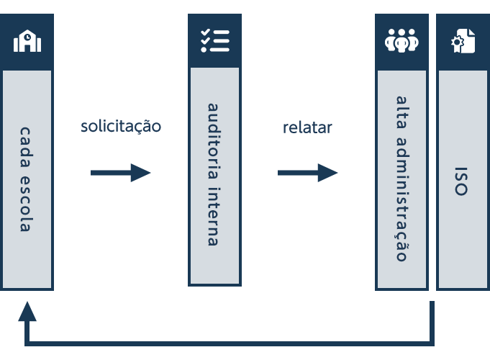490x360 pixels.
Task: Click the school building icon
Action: tap(27, 40)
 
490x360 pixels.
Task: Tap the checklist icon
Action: tap(215, 40)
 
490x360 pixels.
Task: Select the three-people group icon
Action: tap(401, 40)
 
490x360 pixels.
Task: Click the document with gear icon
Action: tap(463, 41)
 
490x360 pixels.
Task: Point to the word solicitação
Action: tap(121, 126)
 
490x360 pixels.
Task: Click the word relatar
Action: tap(307, 127)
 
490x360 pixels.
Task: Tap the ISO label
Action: tap(461, 181)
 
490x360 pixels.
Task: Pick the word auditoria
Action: tap(213, 141)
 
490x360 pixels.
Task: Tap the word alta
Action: tap(401, 112)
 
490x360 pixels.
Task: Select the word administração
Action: tap(401, 199)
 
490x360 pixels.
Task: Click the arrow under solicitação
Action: tap(121, 173)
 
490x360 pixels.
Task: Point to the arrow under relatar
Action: tap(308, 173)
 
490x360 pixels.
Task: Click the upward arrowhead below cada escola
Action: tap(27, 312)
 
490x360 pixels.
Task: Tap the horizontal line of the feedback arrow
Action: tap(230, 343)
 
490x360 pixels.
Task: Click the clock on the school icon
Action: tap(27, 37)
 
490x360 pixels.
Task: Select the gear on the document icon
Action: tap(457, 42)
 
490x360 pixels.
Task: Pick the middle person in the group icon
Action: tap(401, 40)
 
